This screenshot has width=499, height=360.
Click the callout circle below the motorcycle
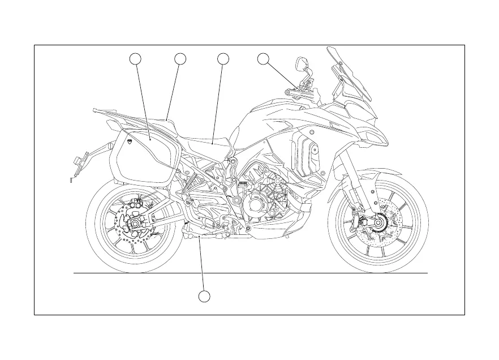205,297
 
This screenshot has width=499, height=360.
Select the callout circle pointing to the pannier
135,58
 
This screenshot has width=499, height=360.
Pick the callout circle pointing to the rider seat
223,58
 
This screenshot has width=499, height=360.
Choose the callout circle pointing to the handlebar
263,58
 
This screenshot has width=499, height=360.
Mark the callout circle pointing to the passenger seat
180,58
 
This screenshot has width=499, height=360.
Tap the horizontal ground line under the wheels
249,273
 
